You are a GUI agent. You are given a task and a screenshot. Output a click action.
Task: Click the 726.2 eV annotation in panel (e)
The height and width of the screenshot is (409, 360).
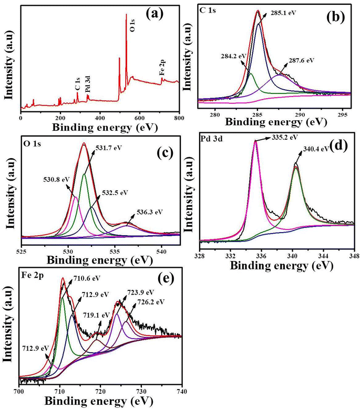coord(150,302)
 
